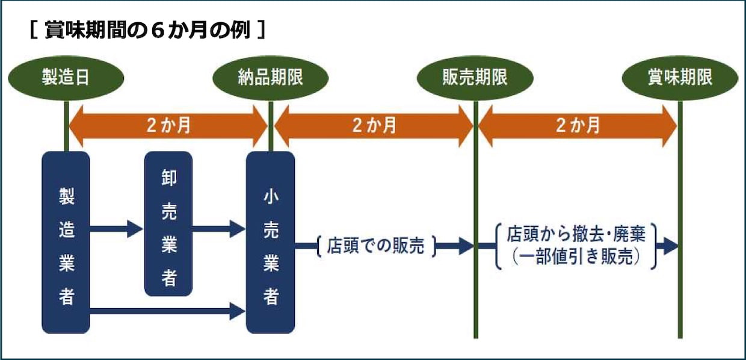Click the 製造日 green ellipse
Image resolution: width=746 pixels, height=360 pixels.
[66, 78]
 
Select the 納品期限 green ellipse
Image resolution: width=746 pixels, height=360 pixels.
[271, 78]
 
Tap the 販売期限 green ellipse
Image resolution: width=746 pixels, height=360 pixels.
[475, 78]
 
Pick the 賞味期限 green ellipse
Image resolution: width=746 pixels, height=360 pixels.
[680, 78]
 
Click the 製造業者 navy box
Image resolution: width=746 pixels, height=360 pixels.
[66, 243]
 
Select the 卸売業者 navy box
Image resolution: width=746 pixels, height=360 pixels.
[168, 224]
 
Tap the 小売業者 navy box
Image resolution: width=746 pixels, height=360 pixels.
[271, 243]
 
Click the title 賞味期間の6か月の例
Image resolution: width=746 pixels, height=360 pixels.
[147, 30]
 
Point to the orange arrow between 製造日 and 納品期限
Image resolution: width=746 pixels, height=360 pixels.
[168, 126]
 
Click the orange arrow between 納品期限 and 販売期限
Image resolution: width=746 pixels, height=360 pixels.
[374, 126]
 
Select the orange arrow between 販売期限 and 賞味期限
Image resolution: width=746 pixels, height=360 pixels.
[578, 126]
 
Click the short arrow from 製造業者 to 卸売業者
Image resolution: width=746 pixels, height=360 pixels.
[117, 229]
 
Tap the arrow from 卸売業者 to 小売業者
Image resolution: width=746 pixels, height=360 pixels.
[219, 229]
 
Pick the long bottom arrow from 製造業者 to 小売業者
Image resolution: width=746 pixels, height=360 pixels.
[167, 311]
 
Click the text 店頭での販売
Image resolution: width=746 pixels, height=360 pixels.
[375, 246]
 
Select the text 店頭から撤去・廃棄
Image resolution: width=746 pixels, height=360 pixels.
[576, 234]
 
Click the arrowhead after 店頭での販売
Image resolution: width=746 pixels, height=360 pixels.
[466, 246]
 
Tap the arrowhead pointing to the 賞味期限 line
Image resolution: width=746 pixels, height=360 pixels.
[671, 246]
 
